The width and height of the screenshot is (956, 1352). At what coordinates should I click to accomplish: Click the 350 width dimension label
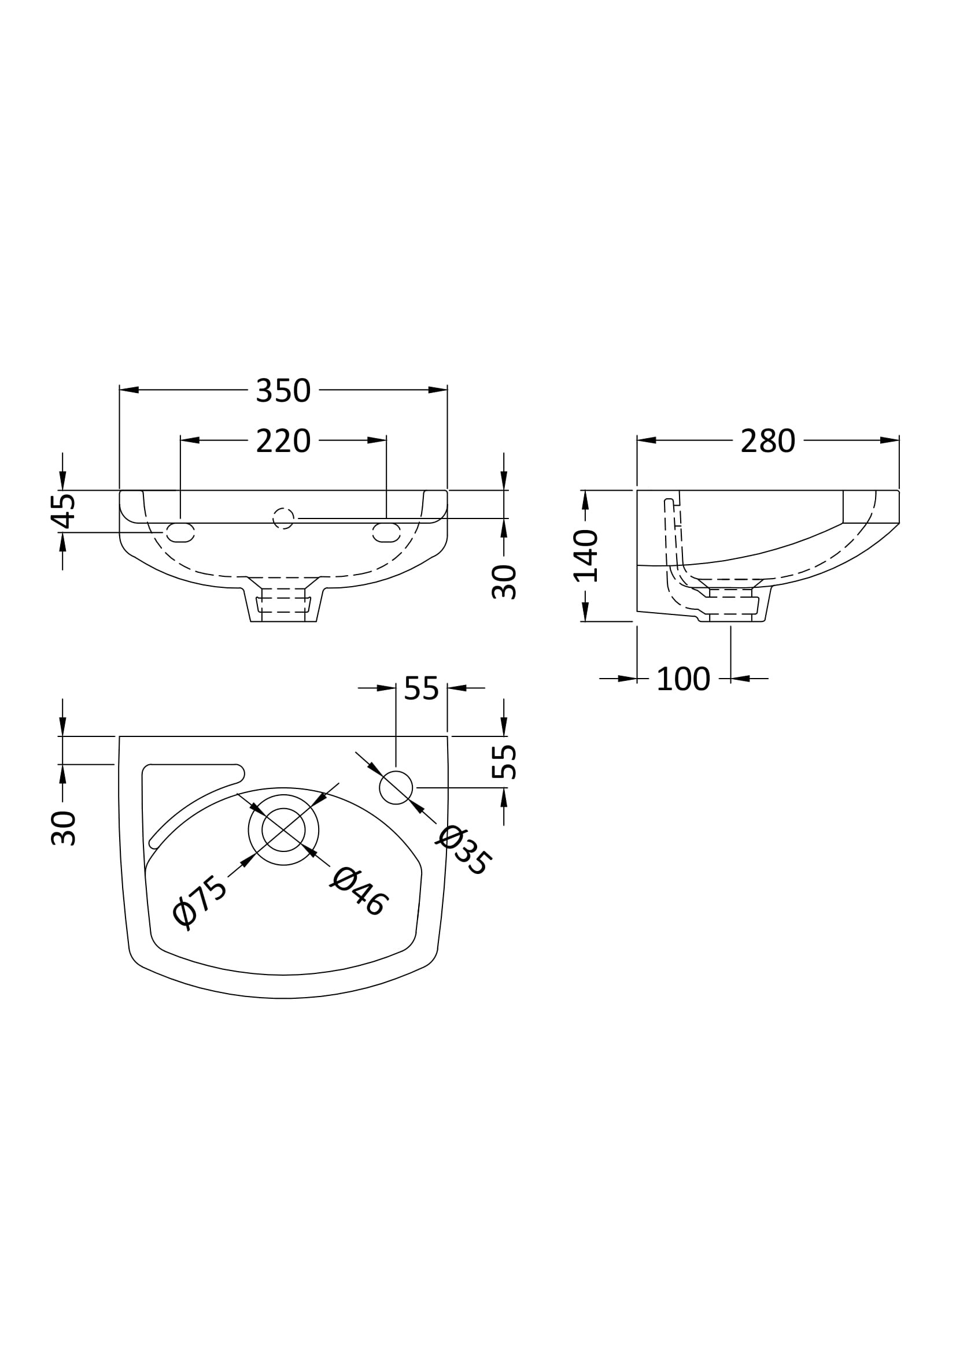pos(283,390)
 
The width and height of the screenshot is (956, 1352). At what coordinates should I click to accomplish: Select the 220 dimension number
pos(283,441)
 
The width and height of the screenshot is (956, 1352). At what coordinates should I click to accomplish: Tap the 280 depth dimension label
pos(767,441)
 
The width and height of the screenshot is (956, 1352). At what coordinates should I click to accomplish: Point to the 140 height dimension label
pos(586,555)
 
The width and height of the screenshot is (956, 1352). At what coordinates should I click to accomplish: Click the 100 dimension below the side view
pos(682,679)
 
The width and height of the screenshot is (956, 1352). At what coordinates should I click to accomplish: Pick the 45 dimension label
pos(62,511)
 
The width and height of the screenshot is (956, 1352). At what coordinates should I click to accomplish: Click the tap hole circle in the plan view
pos(396,787)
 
